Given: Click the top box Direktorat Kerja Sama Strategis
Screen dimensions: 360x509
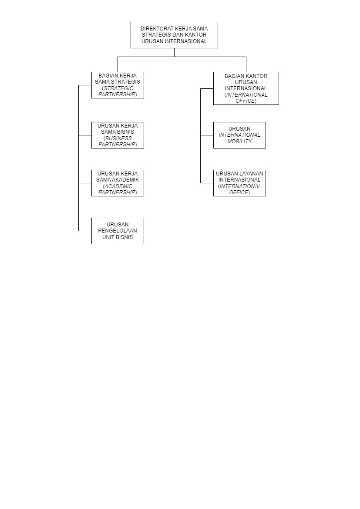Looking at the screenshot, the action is [x=174, y=35].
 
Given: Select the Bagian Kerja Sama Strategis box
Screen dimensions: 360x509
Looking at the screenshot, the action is [x=118, y=85].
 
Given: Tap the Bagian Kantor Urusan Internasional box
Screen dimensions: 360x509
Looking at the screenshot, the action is [x=246, y=88].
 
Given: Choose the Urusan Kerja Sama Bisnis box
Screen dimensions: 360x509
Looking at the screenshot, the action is [x=118, y=135].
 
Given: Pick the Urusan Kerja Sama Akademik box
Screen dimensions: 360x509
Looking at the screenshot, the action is [x=118, y=183].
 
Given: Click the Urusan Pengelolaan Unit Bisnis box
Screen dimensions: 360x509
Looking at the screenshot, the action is [x=118, y=231].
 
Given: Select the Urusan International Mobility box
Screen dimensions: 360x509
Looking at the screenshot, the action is [x=239, y=135].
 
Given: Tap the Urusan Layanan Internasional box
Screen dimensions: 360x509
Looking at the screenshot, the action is [x=239, y=183].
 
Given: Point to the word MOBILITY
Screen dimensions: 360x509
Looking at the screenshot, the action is [x=239, y=141].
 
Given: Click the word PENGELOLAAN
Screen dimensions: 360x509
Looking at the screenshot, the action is [x=118, y=230].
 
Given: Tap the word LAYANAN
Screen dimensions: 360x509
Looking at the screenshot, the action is [x=251, y=173].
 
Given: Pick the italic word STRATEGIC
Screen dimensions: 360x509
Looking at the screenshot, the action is [x=118, y=88].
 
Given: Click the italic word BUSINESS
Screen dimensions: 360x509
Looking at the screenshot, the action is [x=118, y=138].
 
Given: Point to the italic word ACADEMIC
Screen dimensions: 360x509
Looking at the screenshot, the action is [x=118, y=186].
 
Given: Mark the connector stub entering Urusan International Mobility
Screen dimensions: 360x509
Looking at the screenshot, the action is [x=207, y=135].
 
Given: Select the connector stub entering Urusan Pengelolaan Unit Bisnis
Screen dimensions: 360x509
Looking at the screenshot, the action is [x=85, y=231].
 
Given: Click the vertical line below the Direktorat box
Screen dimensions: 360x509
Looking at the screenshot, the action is [x=174, y=53].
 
